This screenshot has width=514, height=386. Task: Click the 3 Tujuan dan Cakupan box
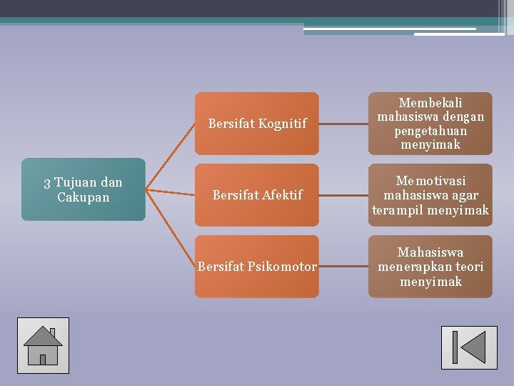coord(83,189)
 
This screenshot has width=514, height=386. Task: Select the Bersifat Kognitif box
coord(257,124)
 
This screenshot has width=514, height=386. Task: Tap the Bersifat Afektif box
coord(257,194)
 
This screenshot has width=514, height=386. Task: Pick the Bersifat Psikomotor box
coord(257,267)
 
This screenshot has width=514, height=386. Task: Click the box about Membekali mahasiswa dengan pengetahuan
coord(430,124)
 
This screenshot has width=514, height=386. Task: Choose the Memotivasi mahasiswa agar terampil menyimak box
coord(430,195)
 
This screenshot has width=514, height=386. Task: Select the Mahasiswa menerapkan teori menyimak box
coord(430,267)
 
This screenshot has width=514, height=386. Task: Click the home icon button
coord(43,345)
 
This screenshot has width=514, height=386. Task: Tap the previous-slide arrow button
coord(469,347)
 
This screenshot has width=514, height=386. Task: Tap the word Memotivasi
coord(430,181)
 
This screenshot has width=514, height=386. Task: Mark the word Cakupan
coord(83,197)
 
